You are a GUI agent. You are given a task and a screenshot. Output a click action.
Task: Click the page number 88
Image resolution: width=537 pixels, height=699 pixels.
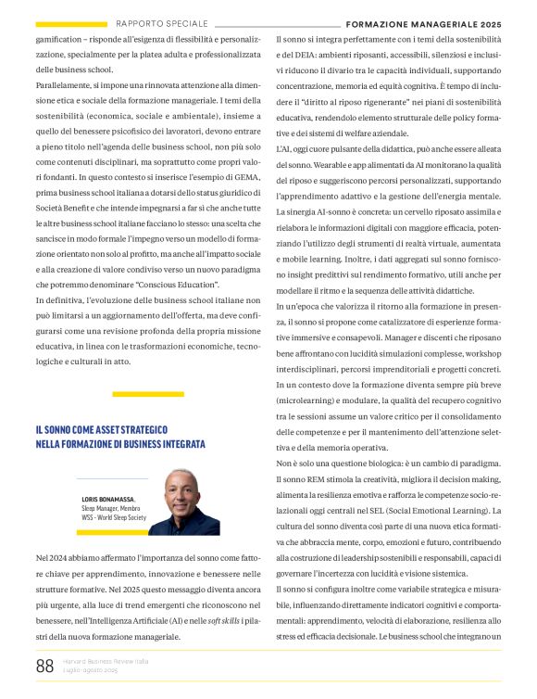[x=44, y=666]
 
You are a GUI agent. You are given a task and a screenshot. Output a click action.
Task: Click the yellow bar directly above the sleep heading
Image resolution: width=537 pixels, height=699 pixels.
[x=148, y=395]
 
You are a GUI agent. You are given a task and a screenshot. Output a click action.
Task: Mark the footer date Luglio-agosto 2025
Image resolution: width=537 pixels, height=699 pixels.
[x=91, y=669]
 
